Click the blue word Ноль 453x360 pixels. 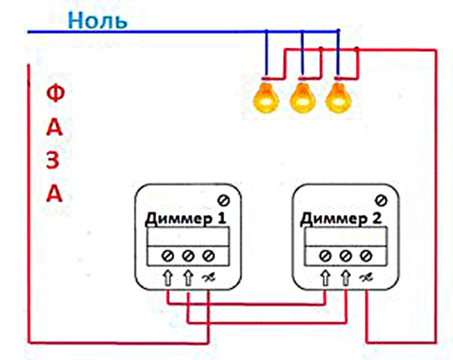point(97,20)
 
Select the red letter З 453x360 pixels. point(53,160)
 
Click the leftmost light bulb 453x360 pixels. point(266,97)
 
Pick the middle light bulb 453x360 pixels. point(302,97)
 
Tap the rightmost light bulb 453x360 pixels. point(338,97)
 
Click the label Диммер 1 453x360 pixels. point(185,219)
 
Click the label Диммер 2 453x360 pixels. point(341,219)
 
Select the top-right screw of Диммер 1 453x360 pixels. point(224,200)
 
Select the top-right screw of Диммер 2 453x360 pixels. point(381,200)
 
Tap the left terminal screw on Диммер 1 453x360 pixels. point(167,256)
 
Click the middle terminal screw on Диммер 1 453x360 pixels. point(188,256)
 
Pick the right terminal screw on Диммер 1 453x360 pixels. point(208,256)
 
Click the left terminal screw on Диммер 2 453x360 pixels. point(325,256)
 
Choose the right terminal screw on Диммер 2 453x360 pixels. point(366,256)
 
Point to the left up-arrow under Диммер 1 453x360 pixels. point(168,278)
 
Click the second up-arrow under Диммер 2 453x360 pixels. point(346,278)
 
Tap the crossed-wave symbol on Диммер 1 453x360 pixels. point(209,278)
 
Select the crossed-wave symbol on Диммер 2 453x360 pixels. point(366,278)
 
